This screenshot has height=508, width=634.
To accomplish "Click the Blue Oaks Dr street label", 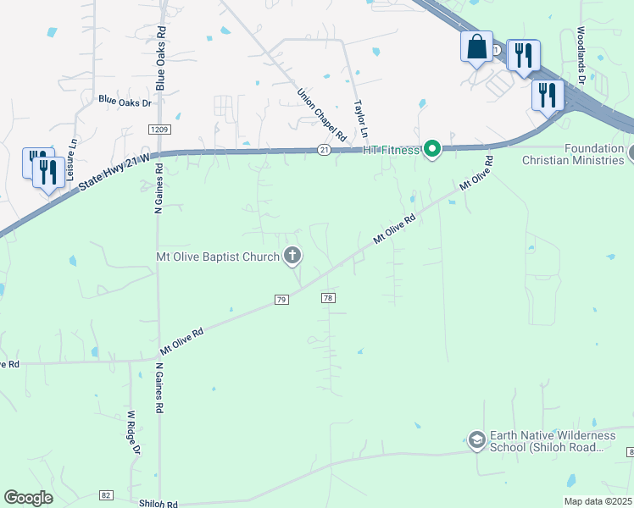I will coord(125,102).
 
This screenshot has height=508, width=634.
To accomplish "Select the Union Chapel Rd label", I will coord(322,114).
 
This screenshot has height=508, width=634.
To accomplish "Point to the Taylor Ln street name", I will coord(361,119).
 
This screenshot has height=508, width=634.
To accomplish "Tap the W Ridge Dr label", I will coord(132,432).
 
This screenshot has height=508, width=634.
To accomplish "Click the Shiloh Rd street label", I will coord(159,503).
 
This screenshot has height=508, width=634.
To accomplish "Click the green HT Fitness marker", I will coord(432,150).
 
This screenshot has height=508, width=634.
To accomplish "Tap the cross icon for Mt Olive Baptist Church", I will coord(292,255).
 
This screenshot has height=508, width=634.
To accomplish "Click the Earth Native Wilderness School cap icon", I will coord(476,439).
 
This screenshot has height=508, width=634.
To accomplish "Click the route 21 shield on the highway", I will coord(324,148).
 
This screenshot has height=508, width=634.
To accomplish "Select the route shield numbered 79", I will coord(282,299).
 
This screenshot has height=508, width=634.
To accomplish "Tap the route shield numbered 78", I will coord(328,297).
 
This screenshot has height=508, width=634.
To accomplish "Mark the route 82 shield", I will coord(106,494).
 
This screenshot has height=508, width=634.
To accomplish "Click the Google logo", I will coord(29,498).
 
